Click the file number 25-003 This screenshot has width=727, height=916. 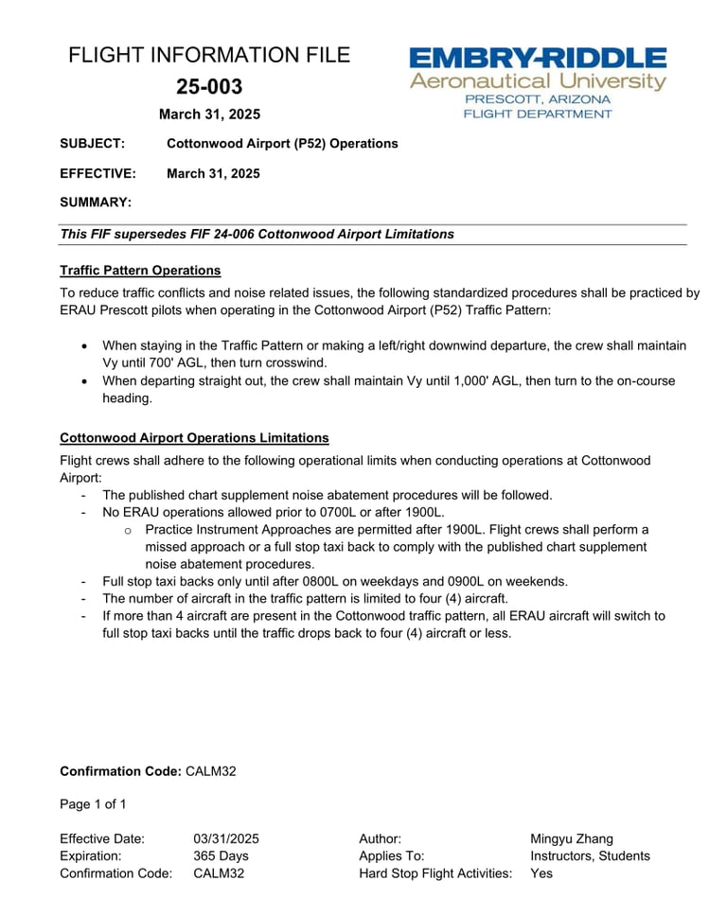point(209,87)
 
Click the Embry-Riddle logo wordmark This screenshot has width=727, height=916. point(537,58)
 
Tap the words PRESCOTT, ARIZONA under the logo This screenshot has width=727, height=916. point(537,98)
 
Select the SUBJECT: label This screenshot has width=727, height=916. point(92,144)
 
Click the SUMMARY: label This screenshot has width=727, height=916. point(96,203)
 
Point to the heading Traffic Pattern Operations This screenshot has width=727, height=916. point(140,271)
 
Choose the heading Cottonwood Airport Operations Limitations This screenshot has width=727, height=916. point(194,438)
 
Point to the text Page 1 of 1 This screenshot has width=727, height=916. point(93,804)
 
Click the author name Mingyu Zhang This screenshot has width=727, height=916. point(572,838)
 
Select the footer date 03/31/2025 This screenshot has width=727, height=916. point(226,838)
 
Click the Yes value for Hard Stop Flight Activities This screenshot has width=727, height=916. point(541,873)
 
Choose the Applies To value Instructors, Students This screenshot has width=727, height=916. point(590,855)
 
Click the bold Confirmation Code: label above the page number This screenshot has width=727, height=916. point(120,771)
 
